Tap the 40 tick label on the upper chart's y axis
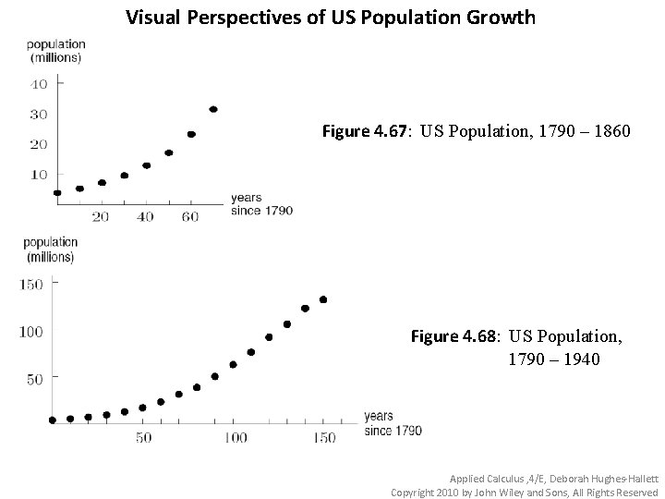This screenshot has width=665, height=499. (39, 84)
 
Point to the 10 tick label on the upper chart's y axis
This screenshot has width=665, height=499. (39, 174)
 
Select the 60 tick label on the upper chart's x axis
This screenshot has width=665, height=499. (190, 216)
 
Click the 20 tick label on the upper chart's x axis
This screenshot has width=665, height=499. (100, 216)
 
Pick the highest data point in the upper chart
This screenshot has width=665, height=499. (213, 109)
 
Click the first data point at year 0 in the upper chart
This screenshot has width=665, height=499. (57, 193)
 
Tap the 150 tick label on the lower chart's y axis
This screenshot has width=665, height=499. (31, 285)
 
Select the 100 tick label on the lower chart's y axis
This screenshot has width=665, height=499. (31, 332)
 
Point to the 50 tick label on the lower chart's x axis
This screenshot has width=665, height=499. (143, 437)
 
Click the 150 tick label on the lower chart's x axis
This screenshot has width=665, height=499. (323, 437)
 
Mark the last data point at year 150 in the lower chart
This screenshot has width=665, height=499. (323, 299)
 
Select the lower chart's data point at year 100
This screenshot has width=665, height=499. (233, 364)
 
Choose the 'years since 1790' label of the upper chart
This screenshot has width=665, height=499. (261, 204)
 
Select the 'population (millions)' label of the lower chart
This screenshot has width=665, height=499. (50, 249)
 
